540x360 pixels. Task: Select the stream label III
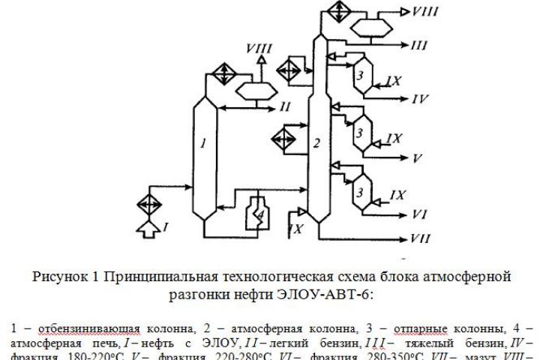point(419,45)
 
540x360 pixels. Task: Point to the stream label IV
point(420,98)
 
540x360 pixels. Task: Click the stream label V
point(418,158)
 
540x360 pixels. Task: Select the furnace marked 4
point(258,214)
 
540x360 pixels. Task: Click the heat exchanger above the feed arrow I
point(148,202)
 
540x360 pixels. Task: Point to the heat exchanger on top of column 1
point(220,73)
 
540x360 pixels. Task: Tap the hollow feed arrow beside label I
point(148,223)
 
